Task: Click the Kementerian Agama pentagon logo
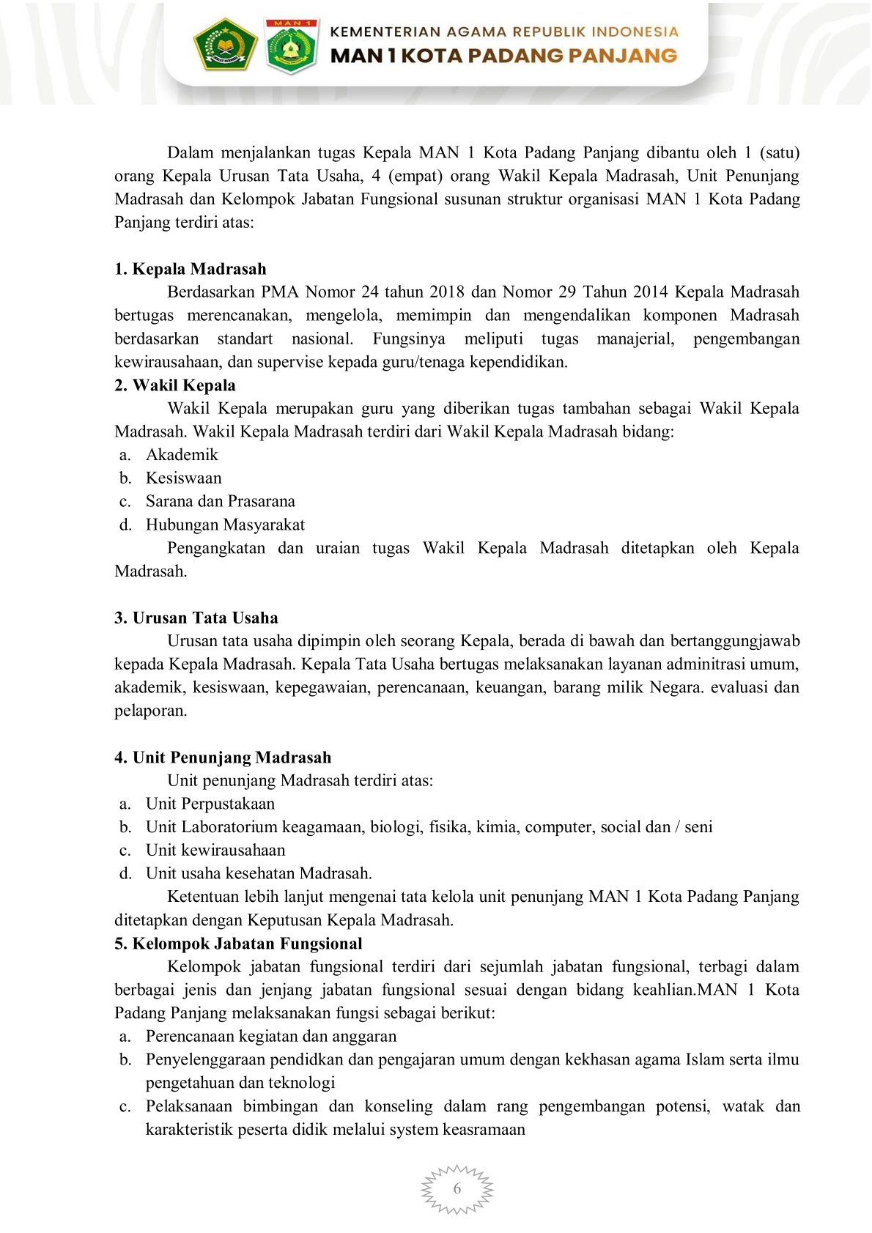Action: tap(225, 45)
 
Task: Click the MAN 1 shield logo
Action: tap(292, 45)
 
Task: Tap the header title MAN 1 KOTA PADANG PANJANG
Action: tap(504, 56)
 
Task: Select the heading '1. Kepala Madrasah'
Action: tap(191, 269)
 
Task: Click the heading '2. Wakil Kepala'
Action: tap(175, 385)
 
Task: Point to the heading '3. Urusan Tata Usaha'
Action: tap(196, 618)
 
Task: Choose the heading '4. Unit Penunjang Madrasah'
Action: tap(223, 758)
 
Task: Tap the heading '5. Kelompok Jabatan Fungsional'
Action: tap(238, 944)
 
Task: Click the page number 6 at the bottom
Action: tap(457, 1188)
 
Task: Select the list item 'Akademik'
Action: tap(182, 455)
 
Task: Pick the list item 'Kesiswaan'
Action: tap(183, 478)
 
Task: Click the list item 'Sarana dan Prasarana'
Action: tap(220, 502)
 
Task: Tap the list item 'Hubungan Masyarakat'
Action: tap(225, 525)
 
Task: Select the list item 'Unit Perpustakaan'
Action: tap(210, 804)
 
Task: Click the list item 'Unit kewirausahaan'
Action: tap(215, 851)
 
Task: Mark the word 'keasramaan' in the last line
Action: tap(484, 1130)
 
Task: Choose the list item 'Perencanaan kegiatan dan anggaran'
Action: tap(271, 1037)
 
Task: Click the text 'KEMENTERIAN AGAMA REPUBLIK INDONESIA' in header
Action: tap(504, 32)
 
